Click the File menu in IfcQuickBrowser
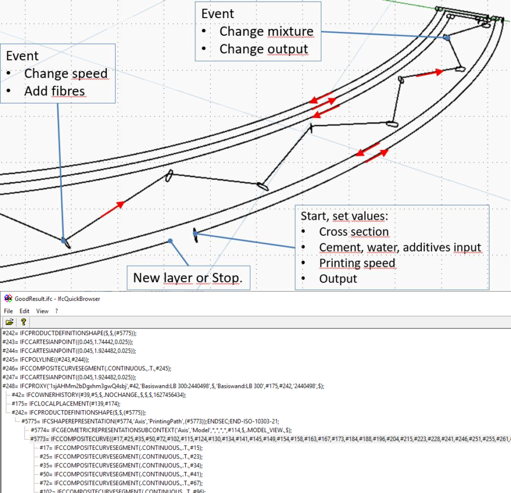click(x=9, y=311)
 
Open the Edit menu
click(x=24, y=311)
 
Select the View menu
click(x=42, y=311)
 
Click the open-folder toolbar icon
click(x=10, y=321)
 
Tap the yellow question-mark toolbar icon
click(x=23, y=321)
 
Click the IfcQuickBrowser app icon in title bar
click(x=8, y=298)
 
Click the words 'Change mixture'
click(x=266, y=31)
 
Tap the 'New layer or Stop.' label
click(x=187, y=278)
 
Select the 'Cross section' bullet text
click(x=354, y=232)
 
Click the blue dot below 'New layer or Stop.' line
click(x=169, y=241)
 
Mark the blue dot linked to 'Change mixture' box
click(x=447, y=38)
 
